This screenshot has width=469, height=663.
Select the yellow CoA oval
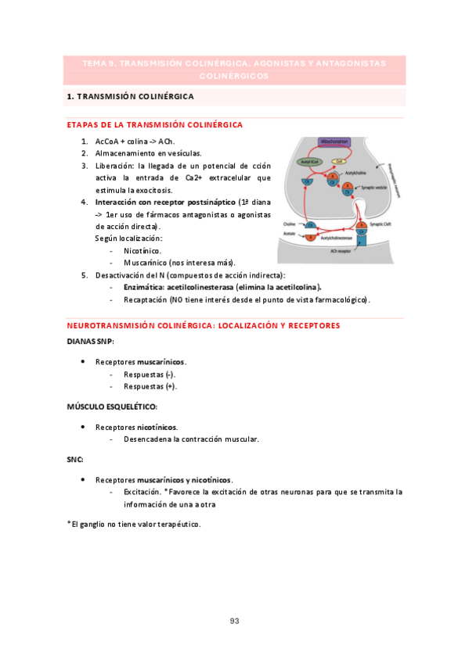[x=339, y=162]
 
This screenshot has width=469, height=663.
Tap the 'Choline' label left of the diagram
[x=289, y=224]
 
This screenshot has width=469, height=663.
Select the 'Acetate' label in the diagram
[x=290, y=233]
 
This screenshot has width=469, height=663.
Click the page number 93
[x=234, y=621]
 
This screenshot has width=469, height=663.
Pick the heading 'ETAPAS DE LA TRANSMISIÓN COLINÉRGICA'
[x=155, y=124]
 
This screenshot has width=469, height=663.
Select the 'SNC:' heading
[x=75, y=459]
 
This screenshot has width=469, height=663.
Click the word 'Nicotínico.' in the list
[x=143, y=250]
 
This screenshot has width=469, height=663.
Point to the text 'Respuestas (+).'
[x=150, y=385]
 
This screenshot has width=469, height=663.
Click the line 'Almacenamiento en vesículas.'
[x=148, y=153]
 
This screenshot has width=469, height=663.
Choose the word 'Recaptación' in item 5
[x=146, y=299]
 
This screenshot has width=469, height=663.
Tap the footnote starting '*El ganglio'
[x=134, y=524]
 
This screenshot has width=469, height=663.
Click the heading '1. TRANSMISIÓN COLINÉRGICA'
[x=131, y=97]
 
